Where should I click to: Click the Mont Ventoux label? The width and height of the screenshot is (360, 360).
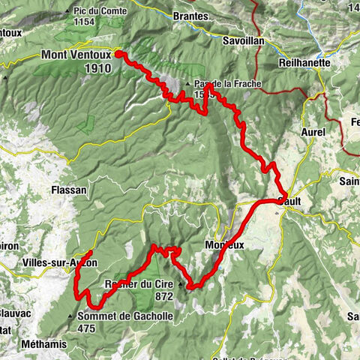click(76, 55)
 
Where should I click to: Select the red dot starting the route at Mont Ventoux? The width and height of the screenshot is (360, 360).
click(118, 54)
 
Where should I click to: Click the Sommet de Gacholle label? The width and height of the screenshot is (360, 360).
click(125, 316)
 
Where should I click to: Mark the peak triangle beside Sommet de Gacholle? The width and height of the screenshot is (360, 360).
click(71, 316)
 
